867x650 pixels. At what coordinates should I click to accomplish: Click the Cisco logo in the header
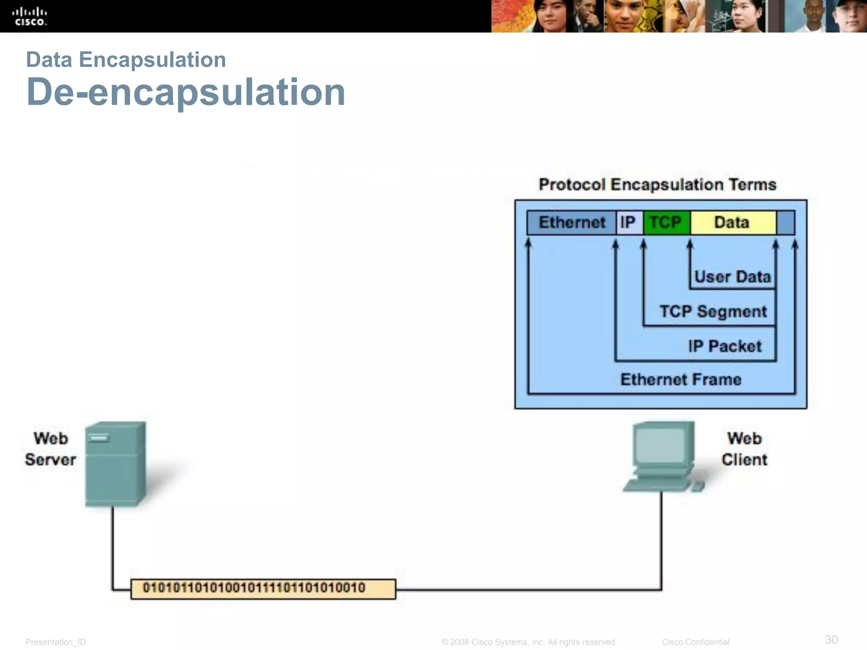(x=29, y=17)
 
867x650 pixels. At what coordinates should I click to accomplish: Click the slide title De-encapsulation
(x=186, y=92)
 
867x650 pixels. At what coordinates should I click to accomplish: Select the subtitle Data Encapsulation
(x=126, y=59)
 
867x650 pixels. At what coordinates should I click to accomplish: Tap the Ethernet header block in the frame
(x=572, y=223)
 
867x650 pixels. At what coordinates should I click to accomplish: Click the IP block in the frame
(x=629, y=223)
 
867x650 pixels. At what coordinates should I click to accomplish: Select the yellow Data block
(x=732, y=223)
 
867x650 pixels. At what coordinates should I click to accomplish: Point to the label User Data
(x=732, y=277)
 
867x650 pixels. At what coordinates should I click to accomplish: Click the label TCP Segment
(x=713, y=311)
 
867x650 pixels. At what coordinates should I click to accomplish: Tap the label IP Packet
(x=725, y=346)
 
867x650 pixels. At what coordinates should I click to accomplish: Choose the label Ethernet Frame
(x=681, y=380)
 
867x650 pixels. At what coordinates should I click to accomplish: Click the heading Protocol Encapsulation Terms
(x=657, y=185)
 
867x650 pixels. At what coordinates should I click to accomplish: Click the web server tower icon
(x=115, y=464)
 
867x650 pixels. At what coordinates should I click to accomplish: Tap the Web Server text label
(x=50, y=449)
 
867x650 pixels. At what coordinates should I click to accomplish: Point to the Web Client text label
(x=744, y=449)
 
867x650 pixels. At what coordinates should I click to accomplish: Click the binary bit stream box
(x=263, y=589)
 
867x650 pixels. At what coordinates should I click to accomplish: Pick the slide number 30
(x=831, y=639)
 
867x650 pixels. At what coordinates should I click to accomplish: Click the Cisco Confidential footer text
(x=696, y=642)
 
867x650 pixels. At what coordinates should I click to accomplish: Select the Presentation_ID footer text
(x=55, y=642)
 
